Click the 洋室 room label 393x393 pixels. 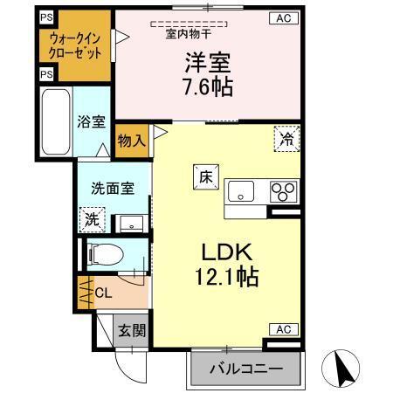tap(207, 63)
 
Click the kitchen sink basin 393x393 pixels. tap(241, 190)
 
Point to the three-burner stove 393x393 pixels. tap(283, 190)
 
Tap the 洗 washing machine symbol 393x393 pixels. tap(90, 218)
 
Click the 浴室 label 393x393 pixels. tap(89, 121)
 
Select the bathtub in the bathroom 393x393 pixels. tap(54, 123)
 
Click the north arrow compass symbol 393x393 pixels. tap(346, 369)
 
